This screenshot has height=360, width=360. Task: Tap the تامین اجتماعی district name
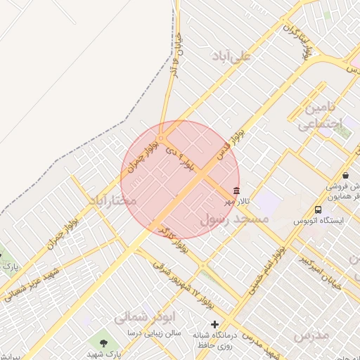pyautogui.click(x=321, y=117)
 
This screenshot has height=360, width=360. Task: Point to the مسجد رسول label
pyautogui.click(x=236, y=220)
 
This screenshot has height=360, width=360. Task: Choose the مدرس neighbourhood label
pyautogui.click(x=311, y=335)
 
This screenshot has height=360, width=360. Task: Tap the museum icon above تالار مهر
pyautogui.click(x=236, y=191)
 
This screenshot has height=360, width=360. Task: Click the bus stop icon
pyautogui.click(x=319, y=210)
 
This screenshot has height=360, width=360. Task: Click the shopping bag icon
pyautogui.click(x=345, y=175)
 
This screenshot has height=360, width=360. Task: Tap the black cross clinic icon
pyautogui.click(x=214, y=324)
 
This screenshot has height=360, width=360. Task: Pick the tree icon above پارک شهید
pyautogui.click(x=104, y=343)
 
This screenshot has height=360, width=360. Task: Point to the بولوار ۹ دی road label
pyautogui.click(x=179, y=158)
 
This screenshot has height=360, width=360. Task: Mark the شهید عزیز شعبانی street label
pyautogui.click(x=32, y=282)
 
